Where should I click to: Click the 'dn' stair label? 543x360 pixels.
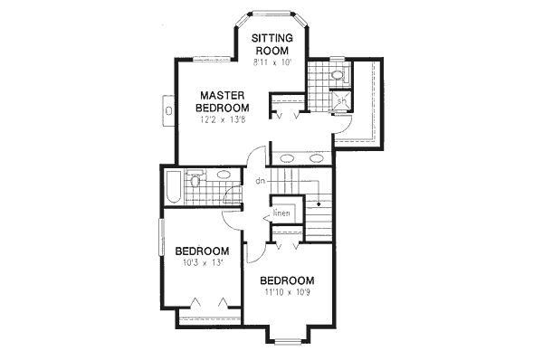260,181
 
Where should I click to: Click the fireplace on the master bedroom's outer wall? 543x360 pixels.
169,109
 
